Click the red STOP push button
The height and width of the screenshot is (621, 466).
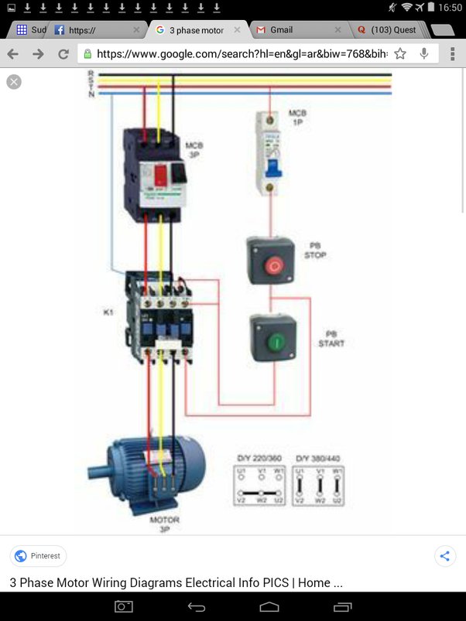pos(272,266)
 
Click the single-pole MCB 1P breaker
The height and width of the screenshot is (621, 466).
pos(269,153)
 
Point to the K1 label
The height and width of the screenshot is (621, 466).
pos(109,312)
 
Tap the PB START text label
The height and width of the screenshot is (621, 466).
pos(331,338)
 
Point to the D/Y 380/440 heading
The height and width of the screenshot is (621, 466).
pos(318,459)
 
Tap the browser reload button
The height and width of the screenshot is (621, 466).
pos(63,54)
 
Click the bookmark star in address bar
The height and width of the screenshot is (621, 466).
pos(400,54)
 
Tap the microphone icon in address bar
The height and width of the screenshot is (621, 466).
pos(424,54)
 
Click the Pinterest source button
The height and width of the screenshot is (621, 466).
pos(39,555)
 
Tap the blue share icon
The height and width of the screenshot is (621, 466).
pos(444,555)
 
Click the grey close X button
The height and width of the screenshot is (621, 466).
pos(14,81)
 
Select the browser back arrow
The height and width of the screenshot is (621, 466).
pos(13,54)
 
